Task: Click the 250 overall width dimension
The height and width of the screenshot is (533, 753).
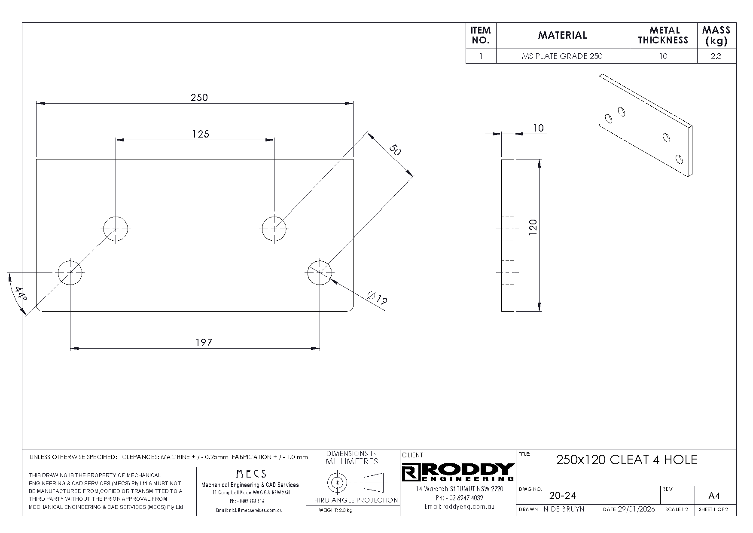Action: point(199,98)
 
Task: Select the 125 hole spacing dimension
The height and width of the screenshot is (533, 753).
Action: point(201,134)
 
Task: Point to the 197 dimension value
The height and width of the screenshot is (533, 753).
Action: point(204,342)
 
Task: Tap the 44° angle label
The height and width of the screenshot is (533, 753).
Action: point(20,294)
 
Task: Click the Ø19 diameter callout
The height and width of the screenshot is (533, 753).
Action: point(378,297)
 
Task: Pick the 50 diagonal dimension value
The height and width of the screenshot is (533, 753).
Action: point(395,151)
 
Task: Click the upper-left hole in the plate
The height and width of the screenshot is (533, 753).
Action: point(116,229)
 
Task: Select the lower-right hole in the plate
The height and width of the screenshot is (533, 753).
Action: point(320,272)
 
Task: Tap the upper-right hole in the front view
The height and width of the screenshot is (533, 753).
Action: point(275,229)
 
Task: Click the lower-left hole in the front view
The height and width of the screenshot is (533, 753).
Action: point(70,272)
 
